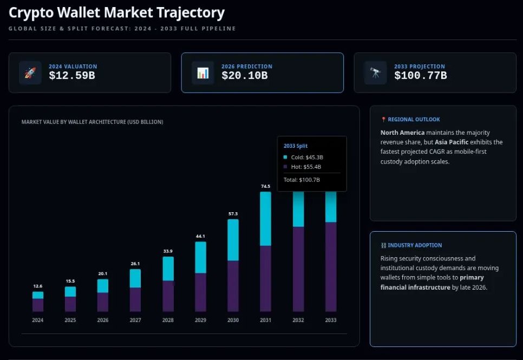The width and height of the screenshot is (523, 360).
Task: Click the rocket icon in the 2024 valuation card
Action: tap(30, 73)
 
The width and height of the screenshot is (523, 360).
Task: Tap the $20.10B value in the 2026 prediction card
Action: tap(244, 76)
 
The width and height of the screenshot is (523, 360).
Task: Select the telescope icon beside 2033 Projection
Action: tap(375, 73)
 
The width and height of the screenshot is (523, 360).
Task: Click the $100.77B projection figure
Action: tap(420, 76)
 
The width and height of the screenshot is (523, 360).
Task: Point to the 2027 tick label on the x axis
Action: tap(135, 320)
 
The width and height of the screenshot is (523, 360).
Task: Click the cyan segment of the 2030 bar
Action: tap(233, 240)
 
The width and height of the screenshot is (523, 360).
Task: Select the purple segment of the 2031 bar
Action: tap(265, 279)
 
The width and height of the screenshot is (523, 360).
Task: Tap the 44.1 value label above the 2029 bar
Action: tap(200, 237)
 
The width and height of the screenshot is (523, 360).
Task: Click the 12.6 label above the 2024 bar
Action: tap(37, 286)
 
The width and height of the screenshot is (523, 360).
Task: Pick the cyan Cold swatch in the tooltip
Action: tap(286, 158)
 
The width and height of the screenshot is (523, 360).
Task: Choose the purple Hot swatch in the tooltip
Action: tap(286, 167)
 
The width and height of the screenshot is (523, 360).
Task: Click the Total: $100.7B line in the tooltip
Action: tap(302, 180)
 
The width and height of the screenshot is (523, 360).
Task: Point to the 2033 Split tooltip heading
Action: tap(295, 146)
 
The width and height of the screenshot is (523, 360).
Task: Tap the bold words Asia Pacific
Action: tap(454, 142)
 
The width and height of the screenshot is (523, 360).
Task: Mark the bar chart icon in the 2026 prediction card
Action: tap(202, 73)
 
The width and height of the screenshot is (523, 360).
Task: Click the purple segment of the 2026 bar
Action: tap(103, 302)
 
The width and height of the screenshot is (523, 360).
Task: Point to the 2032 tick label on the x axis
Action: tap(298, 320)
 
